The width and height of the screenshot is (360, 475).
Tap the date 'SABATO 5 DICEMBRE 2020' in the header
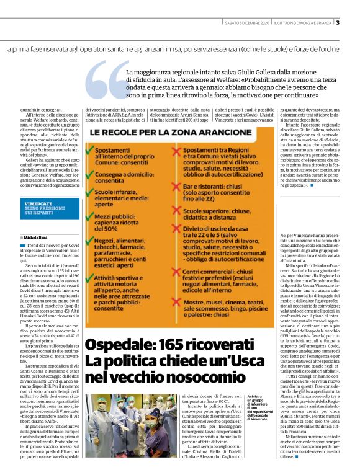(x=247, y=23)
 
